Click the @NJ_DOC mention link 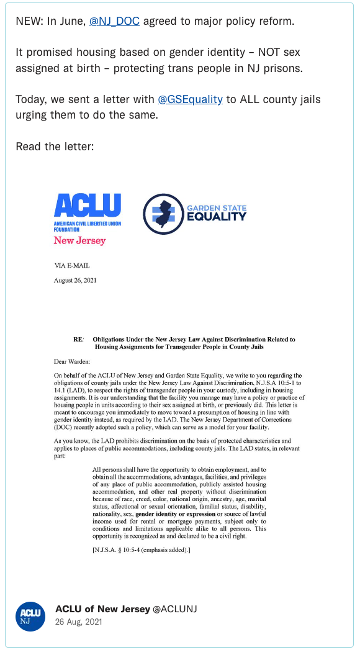click(114, 21)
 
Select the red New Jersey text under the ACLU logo click(79, 240)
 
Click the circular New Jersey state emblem click(163, 214)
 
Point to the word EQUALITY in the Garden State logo click(217, 217)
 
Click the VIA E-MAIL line click(72, 266)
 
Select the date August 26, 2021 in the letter click(75, 280)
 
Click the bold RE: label click(78, 340)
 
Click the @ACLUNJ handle click(175, 609)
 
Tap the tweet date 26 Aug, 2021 click(79, 622)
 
